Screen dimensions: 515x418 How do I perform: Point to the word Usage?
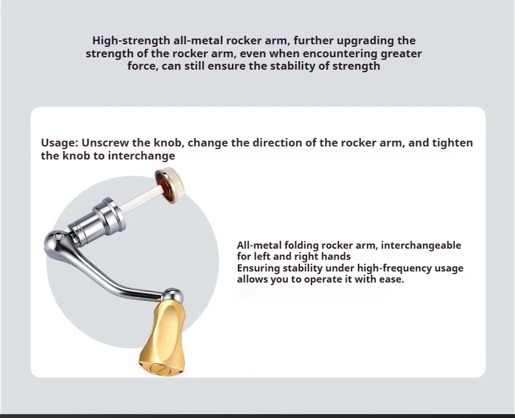point(59,143)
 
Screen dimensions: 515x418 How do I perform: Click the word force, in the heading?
point(143,66)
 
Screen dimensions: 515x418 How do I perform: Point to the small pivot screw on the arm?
point(59,236)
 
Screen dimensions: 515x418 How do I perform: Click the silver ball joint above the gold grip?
point(173,295)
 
